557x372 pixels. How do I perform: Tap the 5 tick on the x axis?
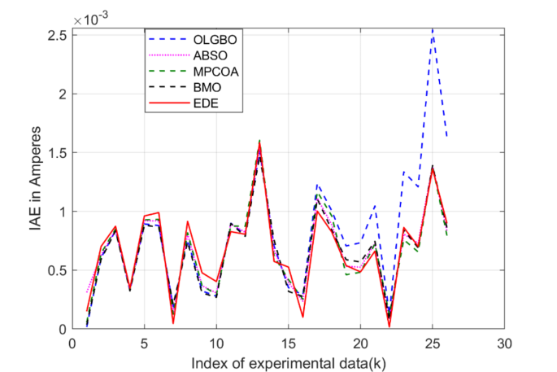click(144, 342)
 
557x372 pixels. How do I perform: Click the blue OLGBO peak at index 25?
click(433, 30)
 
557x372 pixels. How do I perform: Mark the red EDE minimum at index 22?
click(389, 326)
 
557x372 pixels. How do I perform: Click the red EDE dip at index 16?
click(302, 317)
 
